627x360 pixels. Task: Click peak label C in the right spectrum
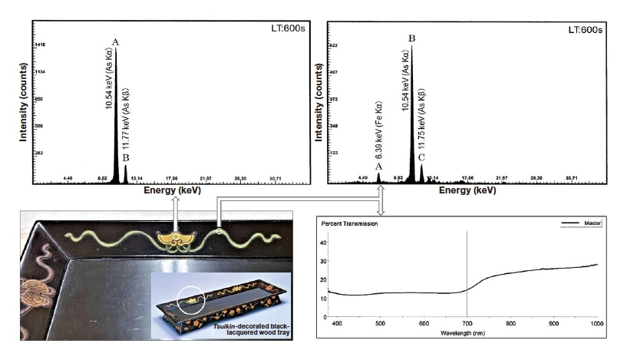[421, 157]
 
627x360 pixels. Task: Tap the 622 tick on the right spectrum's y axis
[335, 45]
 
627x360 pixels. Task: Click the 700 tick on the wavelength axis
[467, 325]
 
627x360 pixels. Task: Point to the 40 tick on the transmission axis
[323, 243]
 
